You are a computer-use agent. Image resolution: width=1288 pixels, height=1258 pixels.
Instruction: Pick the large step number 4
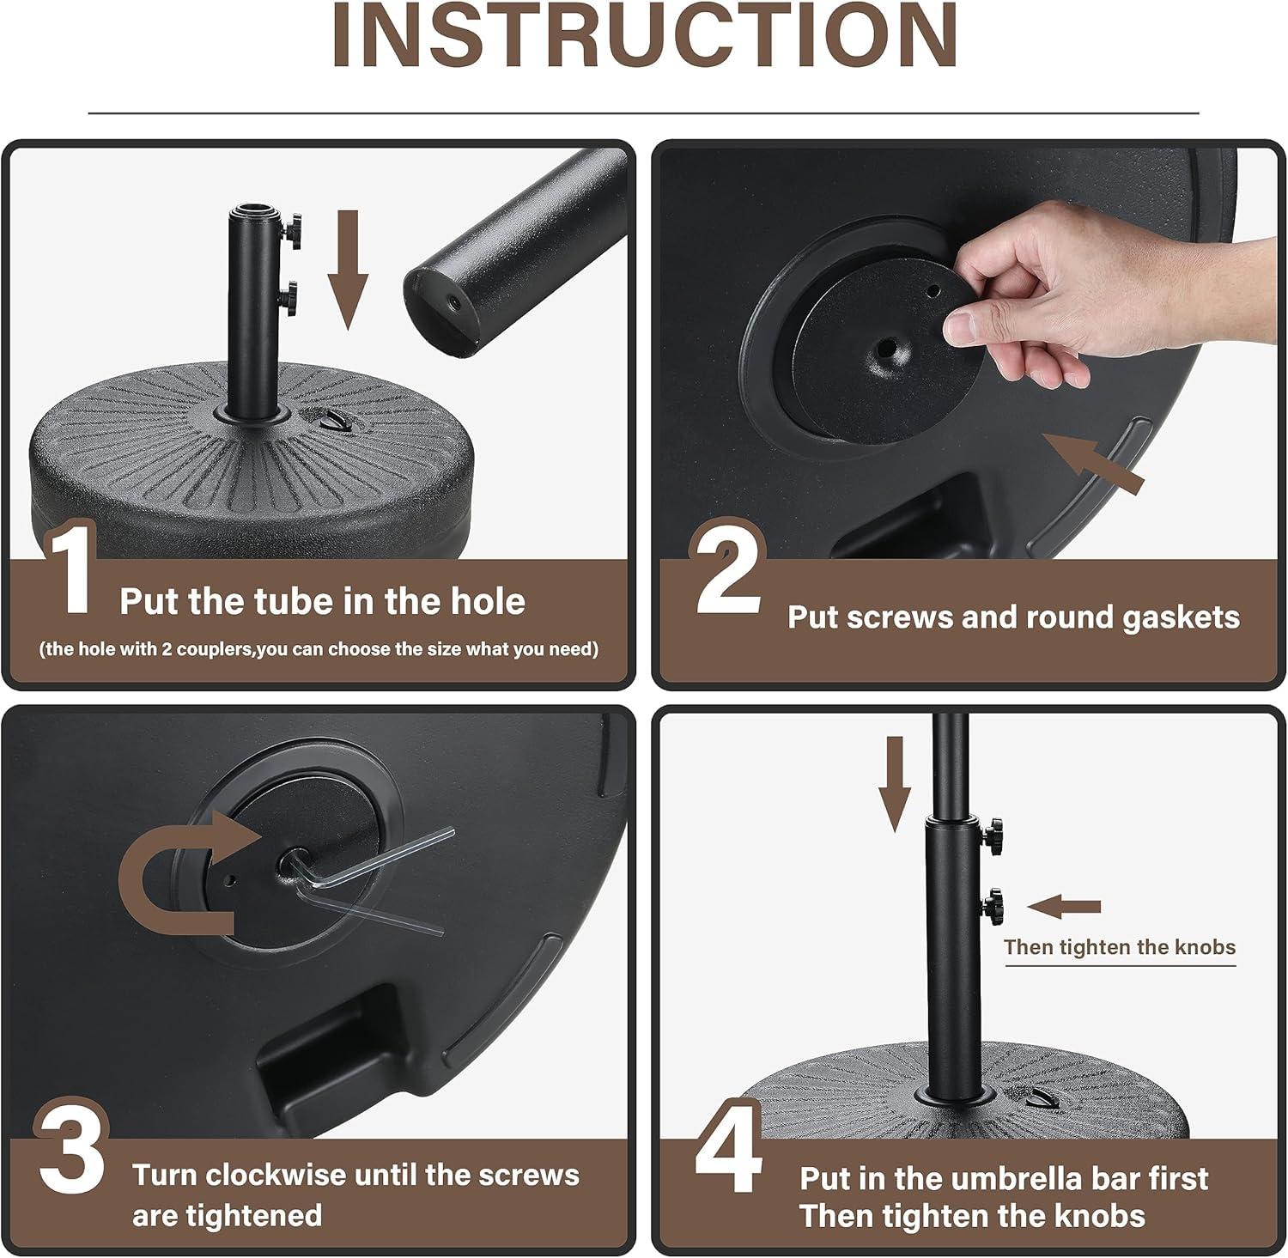pos(728,1148)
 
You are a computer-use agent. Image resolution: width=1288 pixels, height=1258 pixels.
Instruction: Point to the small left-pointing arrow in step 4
pos(1064,907)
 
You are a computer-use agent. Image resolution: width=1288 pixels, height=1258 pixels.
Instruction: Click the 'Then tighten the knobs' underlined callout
pos(1120,948)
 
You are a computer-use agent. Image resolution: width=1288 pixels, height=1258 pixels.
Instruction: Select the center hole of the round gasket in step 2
pos(884,350)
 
